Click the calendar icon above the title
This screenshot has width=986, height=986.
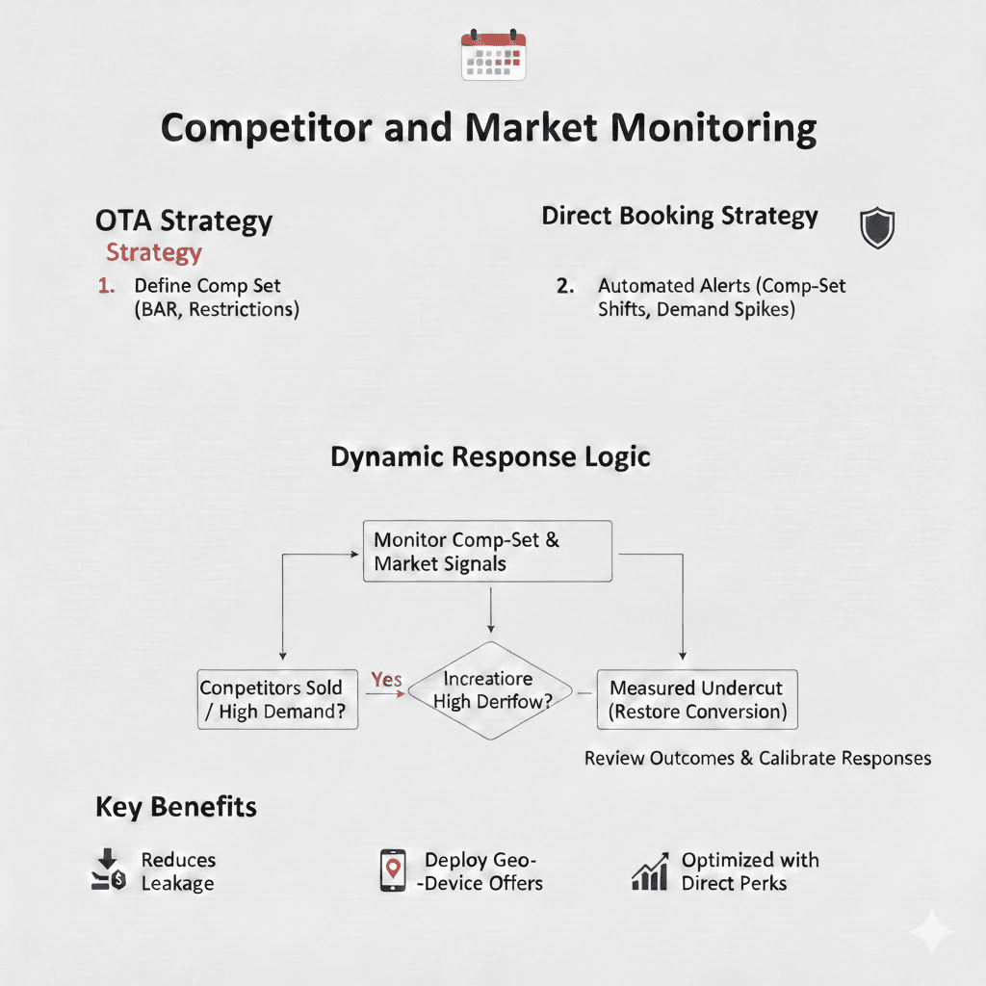tap(492, 55)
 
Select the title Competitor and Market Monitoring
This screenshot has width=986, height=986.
tap(488, 128)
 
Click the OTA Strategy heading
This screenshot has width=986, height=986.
tap(184, 221)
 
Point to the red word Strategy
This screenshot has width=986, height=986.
tap(154, 252)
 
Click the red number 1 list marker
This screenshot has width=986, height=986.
tap(106, 286)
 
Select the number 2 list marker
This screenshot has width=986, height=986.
tap(566, 286)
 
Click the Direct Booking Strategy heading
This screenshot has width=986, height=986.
tap(680, 216)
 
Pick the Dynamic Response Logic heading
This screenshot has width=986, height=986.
tap(490, 456)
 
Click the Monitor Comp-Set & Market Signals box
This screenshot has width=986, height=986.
tap(487, 551)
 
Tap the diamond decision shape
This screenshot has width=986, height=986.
tap(492, 690)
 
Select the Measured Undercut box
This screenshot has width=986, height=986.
tap(697, 700)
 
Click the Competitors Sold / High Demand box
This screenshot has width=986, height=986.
tap(277, 700)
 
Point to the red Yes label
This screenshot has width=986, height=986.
tap(386, 680)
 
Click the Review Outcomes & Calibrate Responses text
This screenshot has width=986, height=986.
tap(757, 758)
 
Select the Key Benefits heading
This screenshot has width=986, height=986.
tap(176, 807)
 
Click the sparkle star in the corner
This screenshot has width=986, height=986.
tap(932, 931)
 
